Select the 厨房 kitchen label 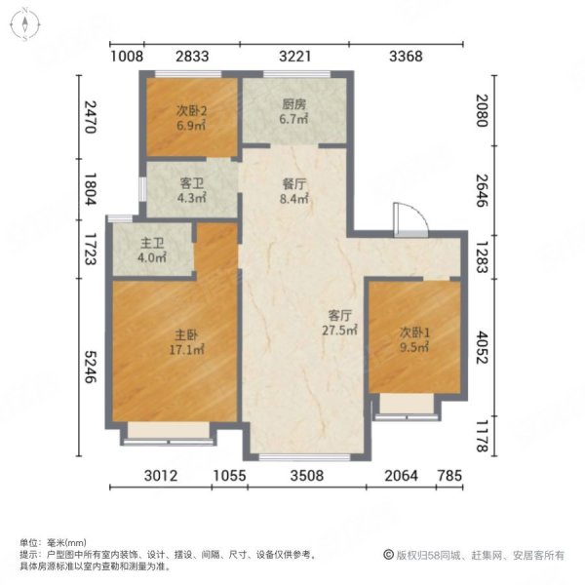(x=294, y=112)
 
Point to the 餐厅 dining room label (x=294, y=191)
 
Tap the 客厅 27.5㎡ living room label (x=338, y=323)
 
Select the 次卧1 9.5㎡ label (x=414, y=336)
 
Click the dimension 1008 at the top (x=127, y=57)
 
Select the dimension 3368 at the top (x=405, y=57)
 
